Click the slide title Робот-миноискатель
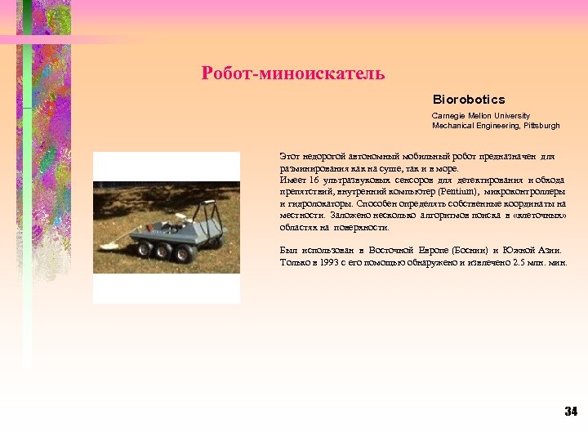coord(293,74)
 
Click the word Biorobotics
coord(469,100)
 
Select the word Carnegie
coord(446,116)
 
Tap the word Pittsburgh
coord(541,126)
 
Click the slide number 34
coord(571,411)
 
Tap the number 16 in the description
coord(315,179)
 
